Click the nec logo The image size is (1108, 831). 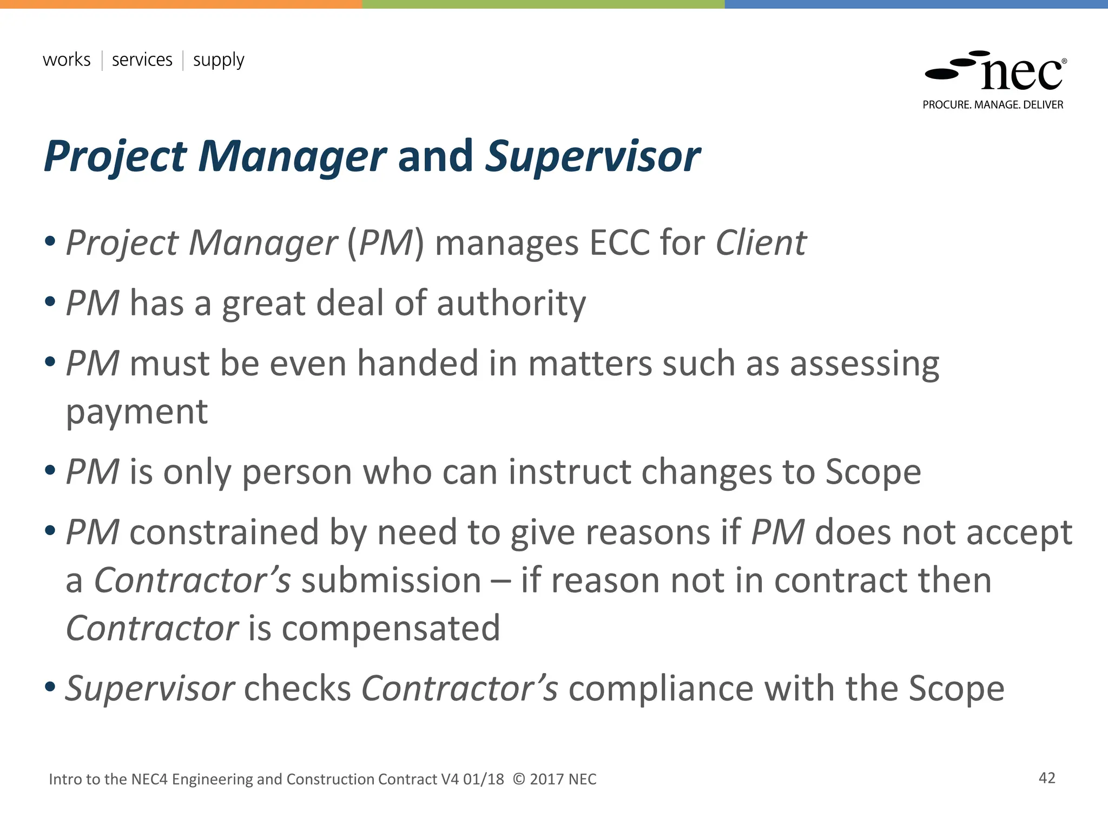point(995,72)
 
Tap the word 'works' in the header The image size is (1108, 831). point(67,60)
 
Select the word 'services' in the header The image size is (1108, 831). point(142,60)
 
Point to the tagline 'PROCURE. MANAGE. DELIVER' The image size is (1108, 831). point(993,105)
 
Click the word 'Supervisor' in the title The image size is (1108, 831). point(592,156)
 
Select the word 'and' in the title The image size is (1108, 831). point(436,156)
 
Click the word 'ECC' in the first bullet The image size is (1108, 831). point(619,243)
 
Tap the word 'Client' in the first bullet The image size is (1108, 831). point(761,243)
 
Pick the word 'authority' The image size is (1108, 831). point(511,304)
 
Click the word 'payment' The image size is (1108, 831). point(137,412)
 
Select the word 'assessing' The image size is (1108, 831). point(865,364)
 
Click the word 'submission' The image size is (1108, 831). point(391,581)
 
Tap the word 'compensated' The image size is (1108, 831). point(391,629)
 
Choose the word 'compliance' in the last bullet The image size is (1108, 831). point(660,689)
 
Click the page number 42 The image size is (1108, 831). point(1047,778)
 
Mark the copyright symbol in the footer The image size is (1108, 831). point(518,779)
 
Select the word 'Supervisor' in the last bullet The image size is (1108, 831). point(150,689)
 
